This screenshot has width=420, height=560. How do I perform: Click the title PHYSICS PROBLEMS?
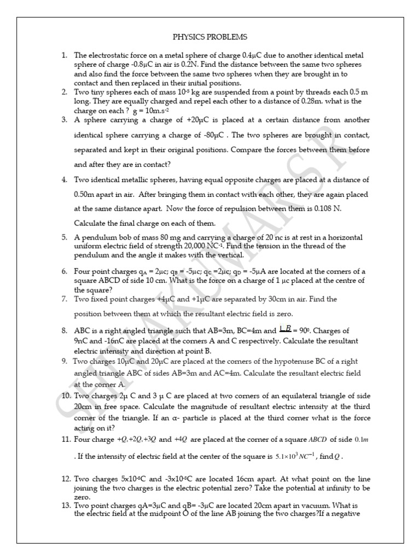pyautogui.click(x=210, y=37)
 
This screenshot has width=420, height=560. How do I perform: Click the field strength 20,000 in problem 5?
pyautogui.click(x=178, y=246)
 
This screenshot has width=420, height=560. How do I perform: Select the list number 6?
pyautogui.click(x=64, y=272)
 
